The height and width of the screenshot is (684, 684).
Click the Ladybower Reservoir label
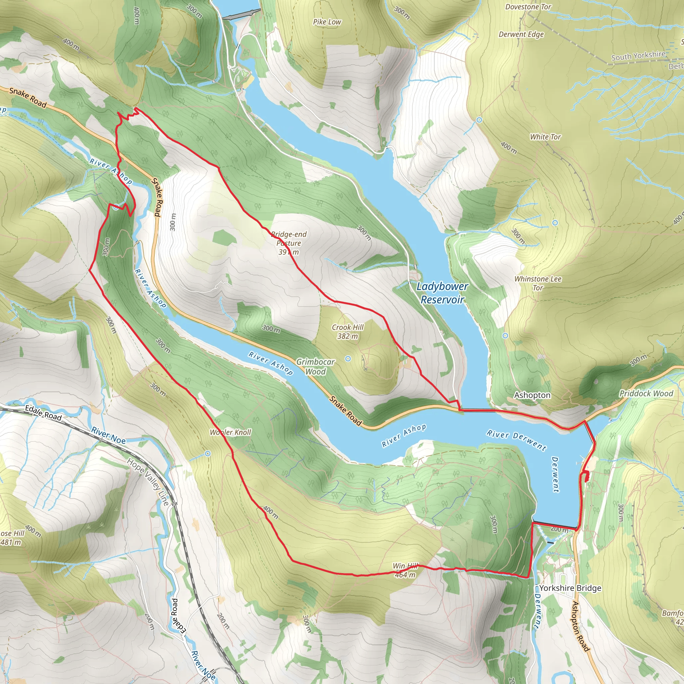(x=442, y=293)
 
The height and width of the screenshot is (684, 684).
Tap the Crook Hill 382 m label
(x=347, y=332)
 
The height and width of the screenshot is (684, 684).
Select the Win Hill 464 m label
(x=405, y=570)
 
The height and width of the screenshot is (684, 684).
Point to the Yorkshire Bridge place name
(x=570, y=588)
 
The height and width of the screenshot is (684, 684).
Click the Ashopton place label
(x=532, y=395)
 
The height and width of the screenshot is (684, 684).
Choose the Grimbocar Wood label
(x=315, y=366)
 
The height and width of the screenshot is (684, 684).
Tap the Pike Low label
(x=327, y=22)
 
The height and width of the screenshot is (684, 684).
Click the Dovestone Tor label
(x=528, y=7)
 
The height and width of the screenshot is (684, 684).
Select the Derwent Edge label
(x=521, y=34)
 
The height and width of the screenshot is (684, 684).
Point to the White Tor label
(x=545, y=137)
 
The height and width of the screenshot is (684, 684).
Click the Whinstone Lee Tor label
(x=537, y=283)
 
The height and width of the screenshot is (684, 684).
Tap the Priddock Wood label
(x=646, y=393)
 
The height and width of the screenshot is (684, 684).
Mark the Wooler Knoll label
(x=230, y=432)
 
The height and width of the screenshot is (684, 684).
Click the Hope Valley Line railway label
(x=148, y=482)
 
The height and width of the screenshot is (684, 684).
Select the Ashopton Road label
(x=580, y=626)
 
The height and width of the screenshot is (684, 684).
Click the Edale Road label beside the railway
(x=43, y=413)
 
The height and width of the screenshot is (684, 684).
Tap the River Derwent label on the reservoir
(x=516, y=440)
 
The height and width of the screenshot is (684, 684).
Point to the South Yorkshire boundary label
(x=638, y=55)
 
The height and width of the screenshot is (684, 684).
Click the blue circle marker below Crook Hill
(x=348, y=359)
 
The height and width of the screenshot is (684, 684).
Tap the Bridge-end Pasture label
(x=289, y=243)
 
